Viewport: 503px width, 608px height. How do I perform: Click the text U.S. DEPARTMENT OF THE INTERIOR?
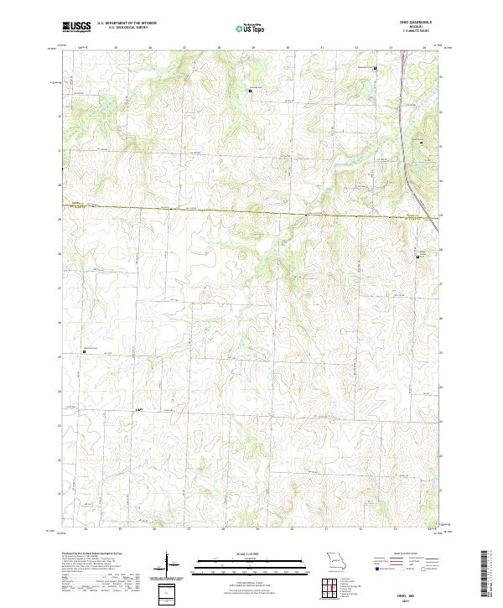click(127, 23)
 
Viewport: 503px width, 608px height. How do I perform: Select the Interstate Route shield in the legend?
click(376, 569)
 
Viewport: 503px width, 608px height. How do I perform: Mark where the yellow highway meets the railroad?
click(431, 217)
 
